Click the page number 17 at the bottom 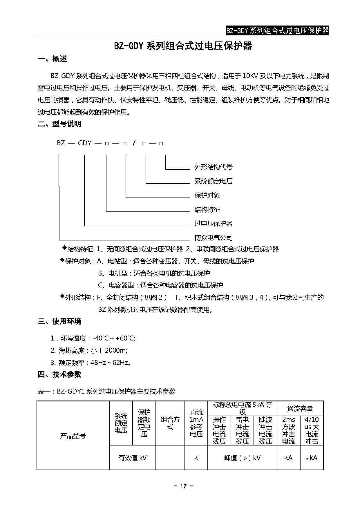(x=183, y=486)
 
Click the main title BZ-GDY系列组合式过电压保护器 (x=183, y=46)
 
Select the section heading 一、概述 (x=53, y=59)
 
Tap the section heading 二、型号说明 (x=60, y=124)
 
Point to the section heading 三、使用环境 (x=60, y=321)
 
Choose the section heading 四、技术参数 (x=60, y=374)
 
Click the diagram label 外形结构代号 (x=214, y=167)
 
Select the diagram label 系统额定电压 (x=214, y=181)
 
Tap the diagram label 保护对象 (x=207, y=195)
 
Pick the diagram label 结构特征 (x=207, y=210)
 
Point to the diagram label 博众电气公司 (x=214, y=238)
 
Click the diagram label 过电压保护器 (x=214, y=224)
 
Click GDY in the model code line (x=85, y=143)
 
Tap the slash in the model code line (x=134, y=143)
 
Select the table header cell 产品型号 (x=73, y=436)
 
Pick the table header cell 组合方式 (x=170, y=423)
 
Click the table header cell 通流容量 (x=300, y=409)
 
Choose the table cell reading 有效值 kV (x=133, y=458)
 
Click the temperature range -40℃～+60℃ (x=114, y=338)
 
